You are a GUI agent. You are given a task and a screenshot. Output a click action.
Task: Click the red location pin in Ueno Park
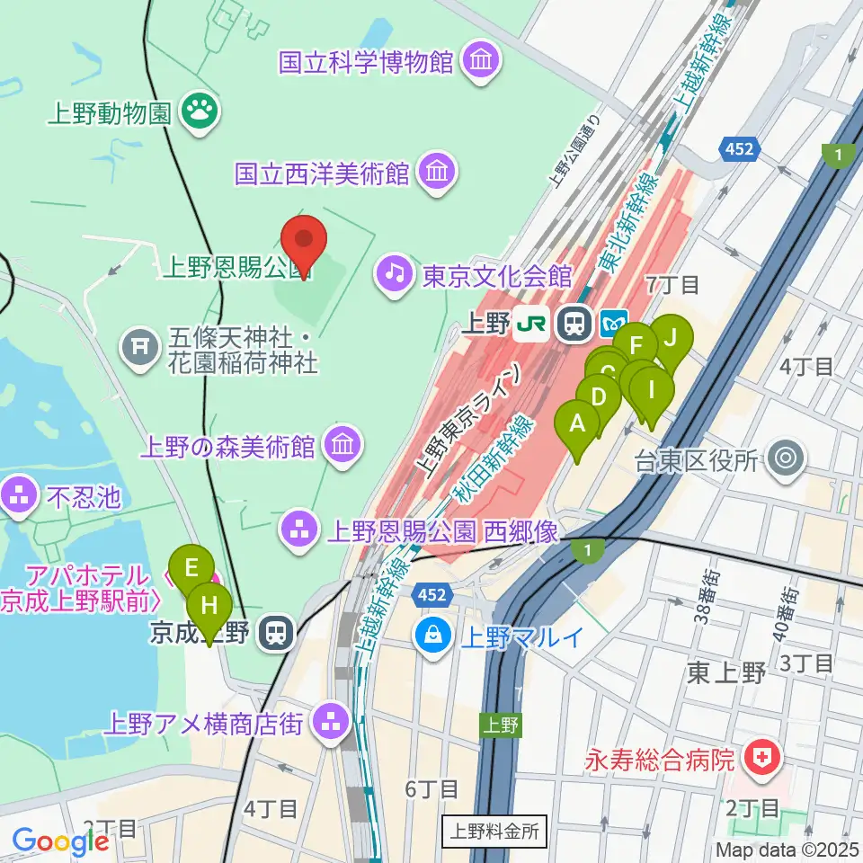click(x=303, y=243)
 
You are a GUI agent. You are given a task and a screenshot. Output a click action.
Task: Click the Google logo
click(x=60, y=841)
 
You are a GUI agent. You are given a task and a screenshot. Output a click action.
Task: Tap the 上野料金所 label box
click(x=494, y=831)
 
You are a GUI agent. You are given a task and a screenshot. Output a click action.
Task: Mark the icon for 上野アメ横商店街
click(x=333, y=722)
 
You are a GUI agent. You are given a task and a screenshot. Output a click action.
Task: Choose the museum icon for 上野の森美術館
click(x=341, y=445)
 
